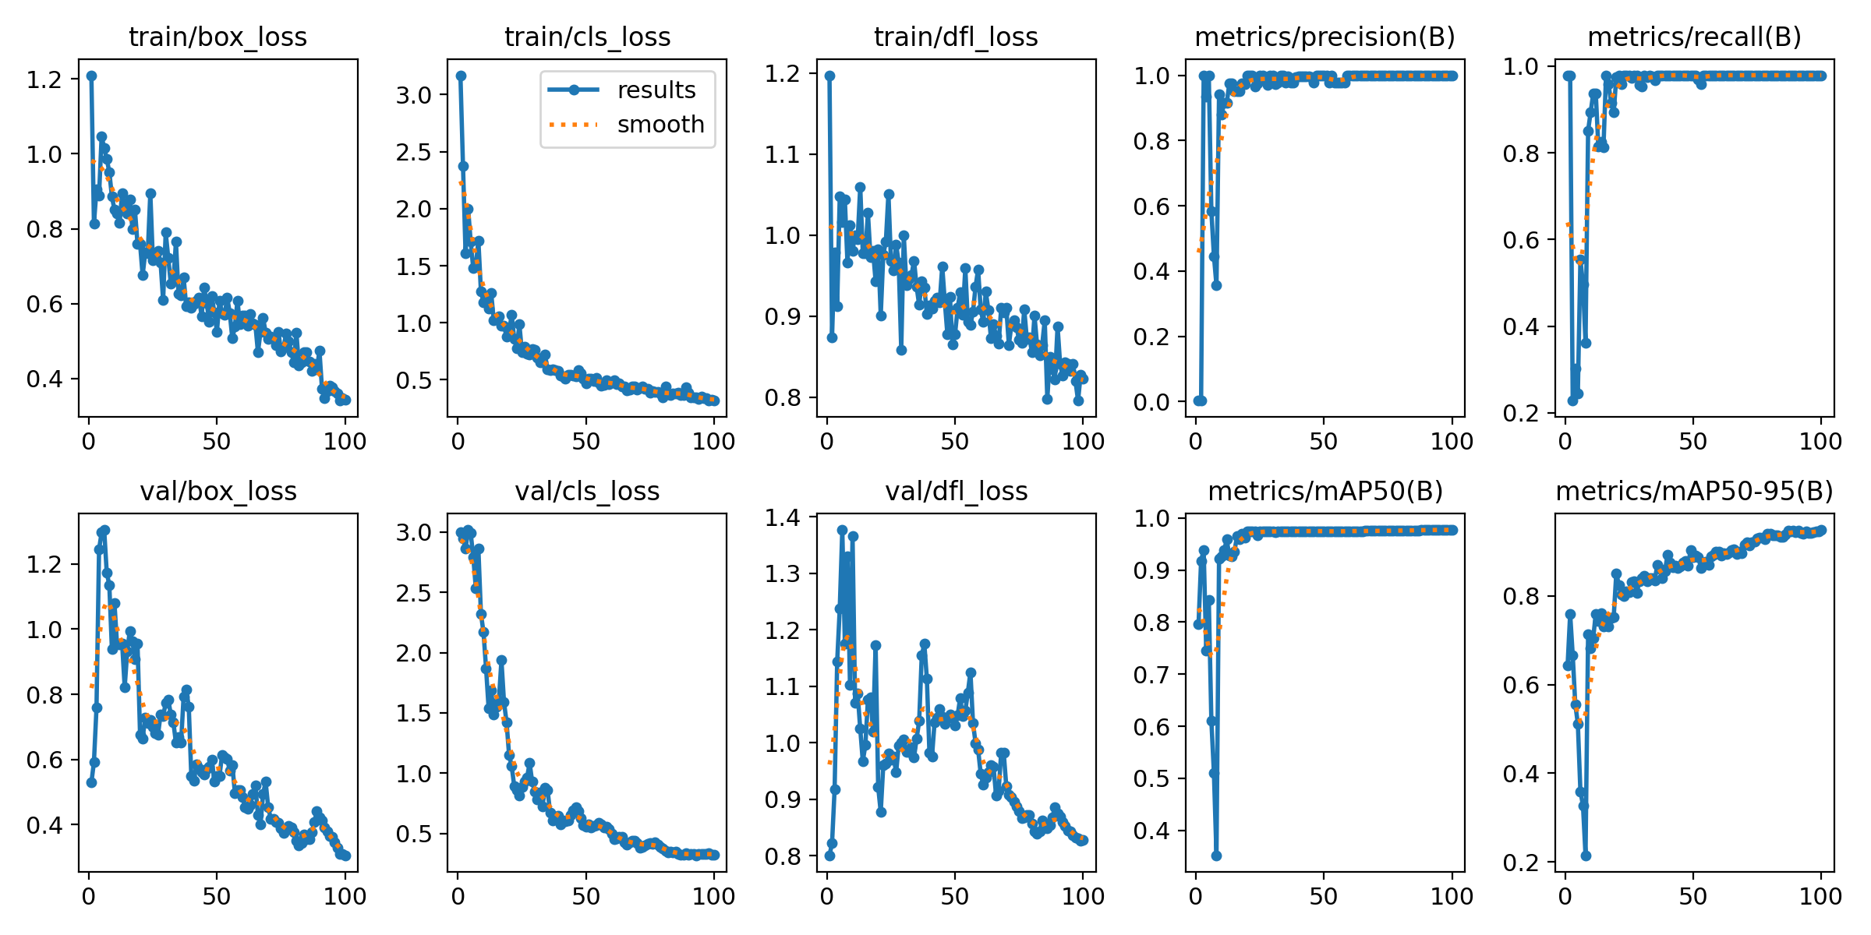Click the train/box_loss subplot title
click(x=218, y=37)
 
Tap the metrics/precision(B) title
click(x=1325, y=37)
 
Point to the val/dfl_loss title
click(x=956, y=492)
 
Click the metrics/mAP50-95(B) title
click(x=1694, y=492)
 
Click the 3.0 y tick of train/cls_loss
click(x=414, y=95)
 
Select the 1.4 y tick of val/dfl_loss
click(x=783, y=517)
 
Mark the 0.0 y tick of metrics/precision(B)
click(x=1152, y=402)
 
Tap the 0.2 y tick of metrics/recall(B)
click(x=1521, y=413)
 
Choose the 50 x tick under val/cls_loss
click(x=586, y=896)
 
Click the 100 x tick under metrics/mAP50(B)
click(x=1452, y=896)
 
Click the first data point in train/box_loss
click(x=91, y=76)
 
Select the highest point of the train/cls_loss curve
click(x=461, y=76)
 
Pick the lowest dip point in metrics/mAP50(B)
click(x=1216, y=856)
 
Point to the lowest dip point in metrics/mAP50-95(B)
click(x=1586, y=856)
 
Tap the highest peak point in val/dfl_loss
click(x=842, y=530)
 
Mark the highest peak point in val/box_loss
click(x=105, y=530)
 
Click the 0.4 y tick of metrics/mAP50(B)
click(x=1152, y=831)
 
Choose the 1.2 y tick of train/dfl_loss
click(x=783, y=74)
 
